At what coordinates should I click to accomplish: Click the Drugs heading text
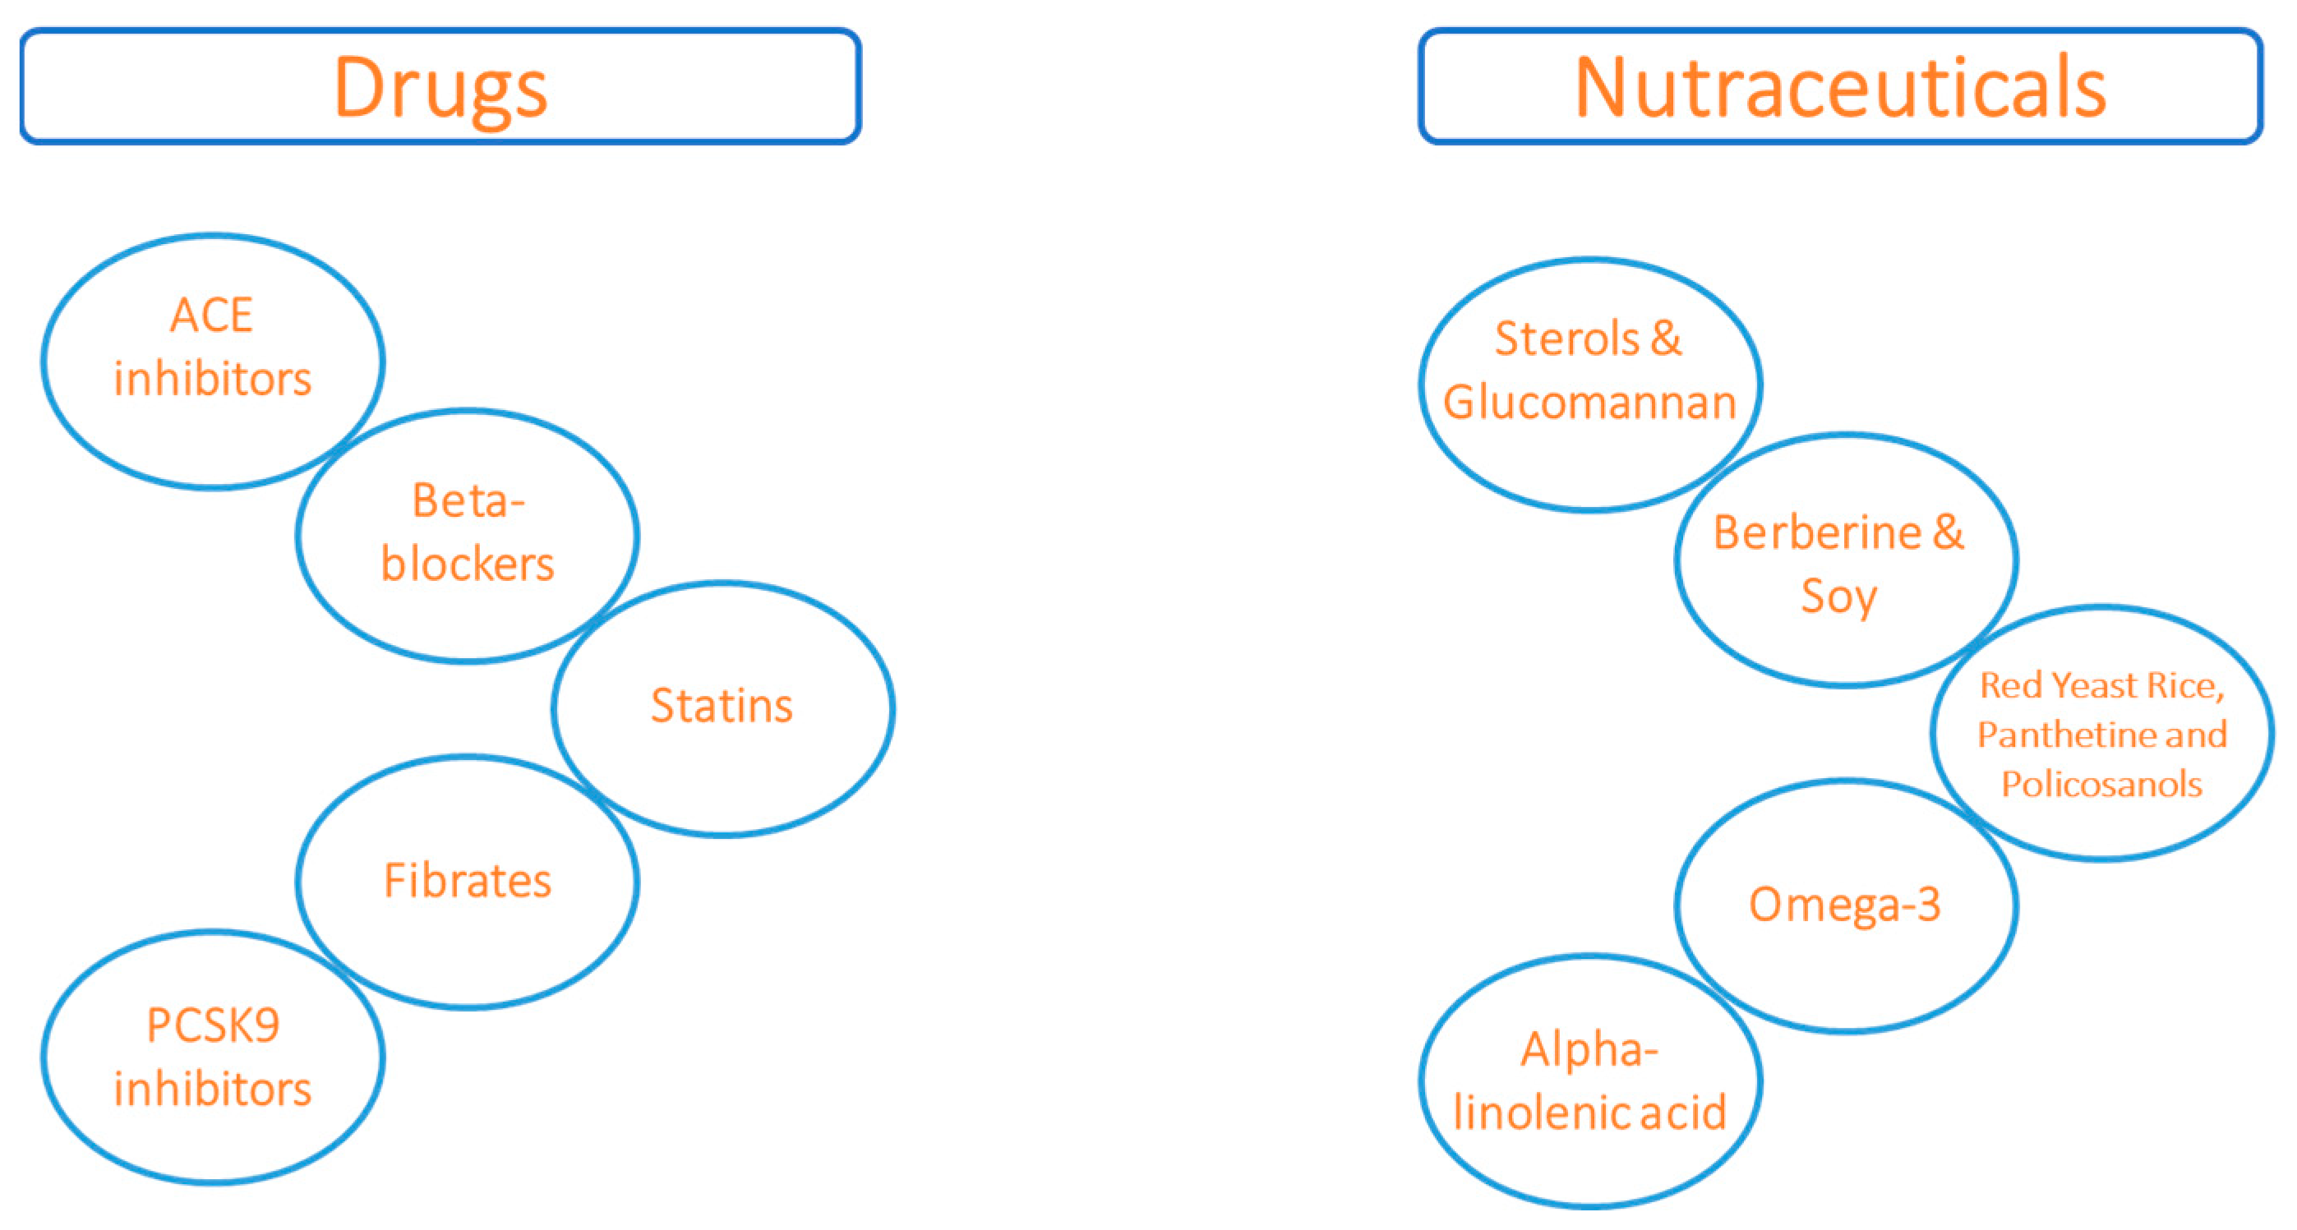tap(440, 87)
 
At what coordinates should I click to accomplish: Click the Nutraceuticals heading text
tap(1839, 87)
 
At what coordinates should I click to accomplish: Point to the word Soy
tap(1838, 596)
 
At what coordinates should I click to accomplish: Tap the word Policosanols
tap(2101, 785)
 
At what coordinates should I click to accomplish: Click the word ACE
tap(212, 316)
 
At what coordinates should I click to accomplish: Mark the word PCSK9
tap(213, 1025)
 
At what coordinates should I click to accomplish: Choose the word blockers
tap(468, 564)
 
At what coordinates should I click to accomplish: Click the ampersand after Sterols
tap(1666, 339)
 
